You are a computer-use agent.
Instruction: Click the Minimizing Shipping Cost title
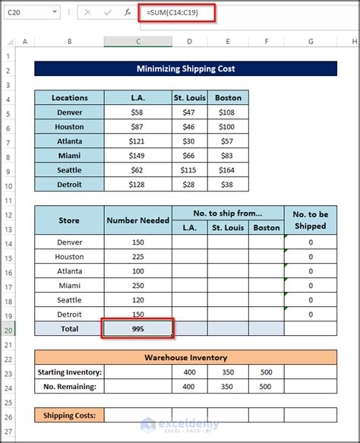tap(186, 69)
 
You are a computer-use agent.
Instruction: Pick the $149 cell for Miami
tap(137, 156)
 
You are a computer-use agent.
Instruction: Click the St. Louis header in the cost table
tap(190, 98)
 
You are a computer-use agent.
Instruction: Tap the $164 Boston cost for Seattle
tap(228, 170)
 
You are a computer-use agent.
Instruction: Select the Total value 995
tap(137, 329)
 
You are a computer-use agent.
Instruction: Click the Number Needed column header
tap(137, 221)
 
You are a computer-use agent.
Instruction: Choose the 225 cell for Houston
tap(137, 257)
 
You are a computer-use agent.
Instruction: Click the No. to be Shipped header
tap(310, 220)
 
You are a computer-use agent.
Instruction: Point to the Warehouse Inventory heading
tap(186, 358)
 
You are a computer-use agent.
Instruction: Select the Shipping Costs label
tap(69, 415)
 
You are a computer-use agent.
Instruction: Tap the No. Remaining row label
tap(69, 387)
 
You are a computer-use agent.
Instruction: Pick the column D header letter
tap(190, 41)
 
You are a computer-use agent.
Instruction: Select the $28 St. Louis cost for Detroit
tap(190, 185)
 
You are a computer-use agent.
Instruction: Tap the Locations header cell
tap(69, 98)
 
